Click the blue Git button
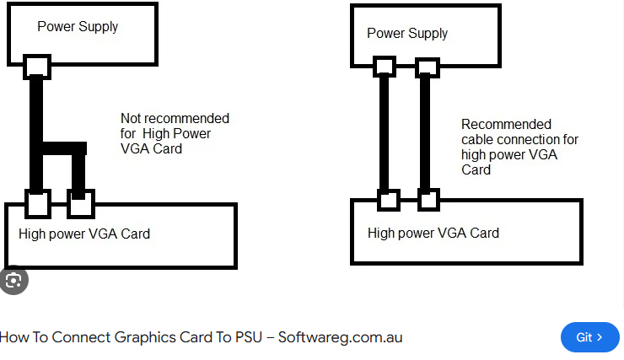pyautogui.click(x=589, y=337)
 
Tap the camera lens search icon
pyautogui.click(x=13, y=281)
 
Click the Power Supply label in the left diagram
pyautogui.click(x=78, y=27)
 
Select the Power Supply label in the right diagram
pyautogui.click(x=407, y=34)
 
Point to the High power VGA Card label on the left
pyautogui.click(x=84, y=234)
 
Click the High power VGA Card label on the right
pyautogui.click(x=433, y=233)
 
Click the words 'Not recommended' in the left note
pyautogui.click(x=175, y=118)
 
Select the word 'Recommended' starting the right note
pyautogui.click(x=506, y=124)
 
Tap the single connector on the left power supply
pyautogui.click(x=37, y=67)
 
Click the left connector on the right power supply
pyautogui.click(x=385, y=67)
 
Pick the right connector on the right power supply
pyautogui.click(x=428, y=67)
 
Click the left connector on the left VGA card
pyautogui.click(x=38, y=204)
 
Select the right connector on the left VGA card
pyautogui.click(x=81, y=204)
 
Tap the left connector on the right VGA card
pyautogui.click(x=389, y=200)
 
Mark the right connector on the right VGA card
pyautogui.click(x=428, y=200)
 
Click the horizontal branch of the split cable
pyautogui.click(x=64, y=148)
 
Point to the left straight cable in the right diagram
pyautogui.click(x=384, y=133)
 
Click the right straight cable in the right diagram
pyautogui.click(x=425, y=133)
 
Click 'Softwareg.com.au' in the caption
pyautogui.click(x=341, y=337)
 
